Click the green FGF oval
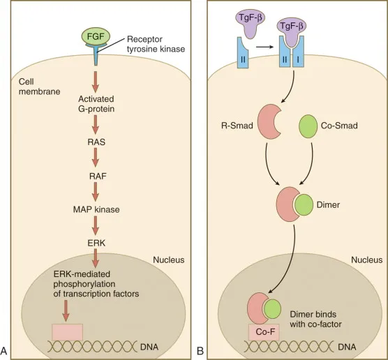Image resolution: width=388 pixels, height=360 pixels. click(96, 34)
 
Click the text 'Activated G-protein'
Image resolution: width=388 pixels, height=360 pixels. click(96, 103)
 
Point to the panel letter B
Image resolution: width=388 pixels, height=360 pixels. click(200, 350)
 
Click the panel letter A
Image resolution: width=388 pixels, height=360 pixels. click(6, 350)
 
